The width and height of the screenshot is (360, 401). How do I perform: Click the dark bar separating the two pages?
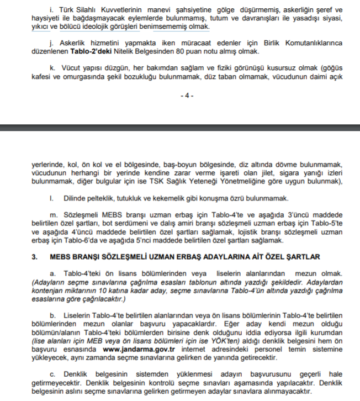pyautogui.click(x=180, y=128)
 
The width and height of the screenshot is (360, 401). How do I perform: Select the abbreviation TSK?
pyautogui.click(x=163, y=182)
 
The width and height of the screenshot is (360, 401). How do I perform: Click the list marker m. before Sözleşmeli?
pyautogui.click(x=54, y=213)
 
